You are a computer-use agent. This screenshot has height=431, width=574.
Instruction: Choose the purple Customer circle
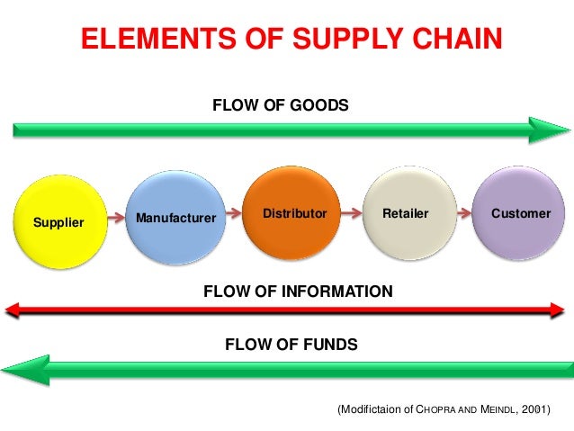point(521,214)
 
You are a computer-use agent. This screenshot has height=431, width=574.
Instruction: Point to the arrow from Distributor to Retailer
point(349,214)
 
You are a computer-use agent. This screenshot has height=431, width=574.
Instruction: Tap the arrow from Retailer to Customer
point(463,214)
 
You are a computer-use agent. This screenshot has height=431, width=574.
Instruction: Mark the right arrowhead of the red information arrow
point(557,310)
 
